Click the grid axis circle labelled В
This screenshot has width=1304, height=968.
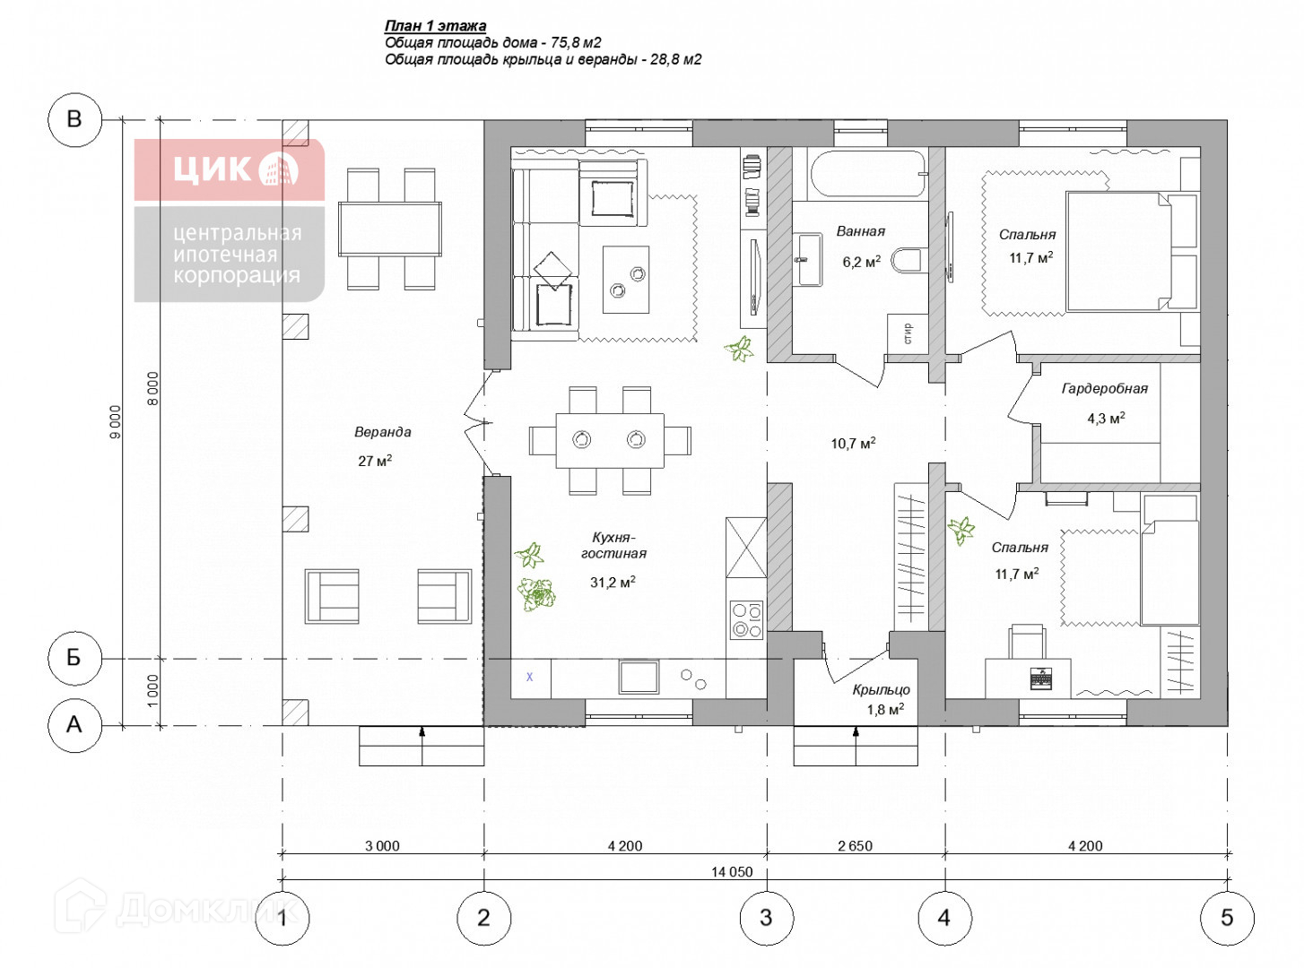click(74, 119)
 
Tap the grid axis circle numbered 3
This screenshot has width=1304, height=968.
click(766, 918)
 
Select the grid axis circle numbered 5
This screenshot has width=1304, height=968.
click(1227, 918)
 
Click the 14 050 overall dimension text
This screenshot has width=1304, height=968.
click(732, 872)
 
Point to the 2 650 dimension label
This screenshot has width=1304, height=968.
click(855, 846)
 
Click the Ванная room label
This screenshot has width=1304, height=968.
click(860, 231)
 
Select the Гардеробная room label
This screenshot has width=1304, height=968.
click(1104, 389)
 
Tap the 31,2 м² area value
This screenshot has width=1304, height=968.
click(613, 583)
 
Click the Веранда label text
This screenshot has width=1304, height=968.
click(382, 432)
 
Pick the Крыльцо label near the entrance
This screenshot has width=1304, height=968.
click(881, 690)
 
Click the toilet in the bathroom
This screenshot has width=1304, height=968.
click(909, 261)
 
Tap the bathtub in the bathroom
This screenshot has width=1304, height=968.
click(867, 174)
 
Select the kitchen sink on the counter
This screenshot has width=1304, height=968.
click(639, 677)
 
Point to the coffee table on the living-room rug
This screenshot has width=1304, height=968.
click(626, 280)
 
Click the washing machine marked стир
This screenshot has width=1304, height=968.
click(908, 333)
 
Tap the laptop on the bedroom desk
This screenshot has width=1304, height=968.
click(1040, 678)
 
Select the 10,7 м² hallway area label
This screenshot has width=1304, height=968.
click(853, 444)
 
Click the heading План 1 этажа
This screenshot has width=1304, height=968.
click(435, 26)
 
